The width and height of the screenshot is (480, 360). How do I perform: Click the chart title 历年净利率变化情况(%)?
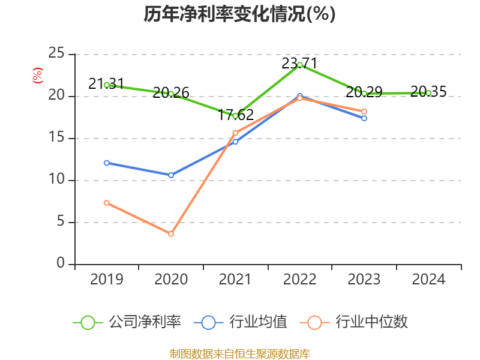point(239,14)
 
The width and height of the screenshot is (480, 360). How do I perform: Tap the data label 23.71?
point(300,63)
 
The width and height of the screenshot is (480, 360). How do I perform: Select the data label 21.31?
point(107,84)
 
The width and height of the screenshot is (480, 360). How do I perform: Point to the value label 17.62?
point(235,115)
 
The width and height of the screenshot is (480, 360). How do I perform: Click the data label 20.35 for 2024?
point(428,92)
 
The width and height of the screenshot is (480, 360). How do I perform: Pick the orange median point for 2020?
point(171,234)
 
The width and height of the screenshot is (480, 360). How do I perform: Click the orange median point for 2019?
point(107,203)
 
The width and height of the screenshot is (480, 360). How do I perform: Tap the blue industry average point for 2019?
point(107,163)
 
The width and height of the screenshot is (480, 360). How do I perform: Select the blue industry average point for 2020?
point(171,175)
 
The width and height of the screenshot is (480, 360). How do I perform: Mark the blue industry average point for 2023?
point(364,118)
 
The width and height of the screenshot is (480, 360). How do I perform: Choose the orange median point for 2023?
point(364,112)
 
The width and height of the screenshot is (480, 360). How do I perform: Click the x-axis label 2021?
point(235,280)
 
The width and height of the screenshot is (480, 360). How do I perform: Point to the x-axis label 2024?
point(428,280)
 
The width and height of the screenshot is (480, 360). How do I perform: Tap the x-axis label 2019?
point(107,280)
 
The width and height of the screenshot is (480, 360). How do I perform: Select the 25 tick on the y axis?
point(56,54)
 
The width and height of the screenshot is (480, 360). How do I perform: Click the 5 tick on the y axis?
point(61,222)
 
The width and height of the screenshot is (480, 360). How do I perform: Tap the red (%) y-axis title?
point(38,76)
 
